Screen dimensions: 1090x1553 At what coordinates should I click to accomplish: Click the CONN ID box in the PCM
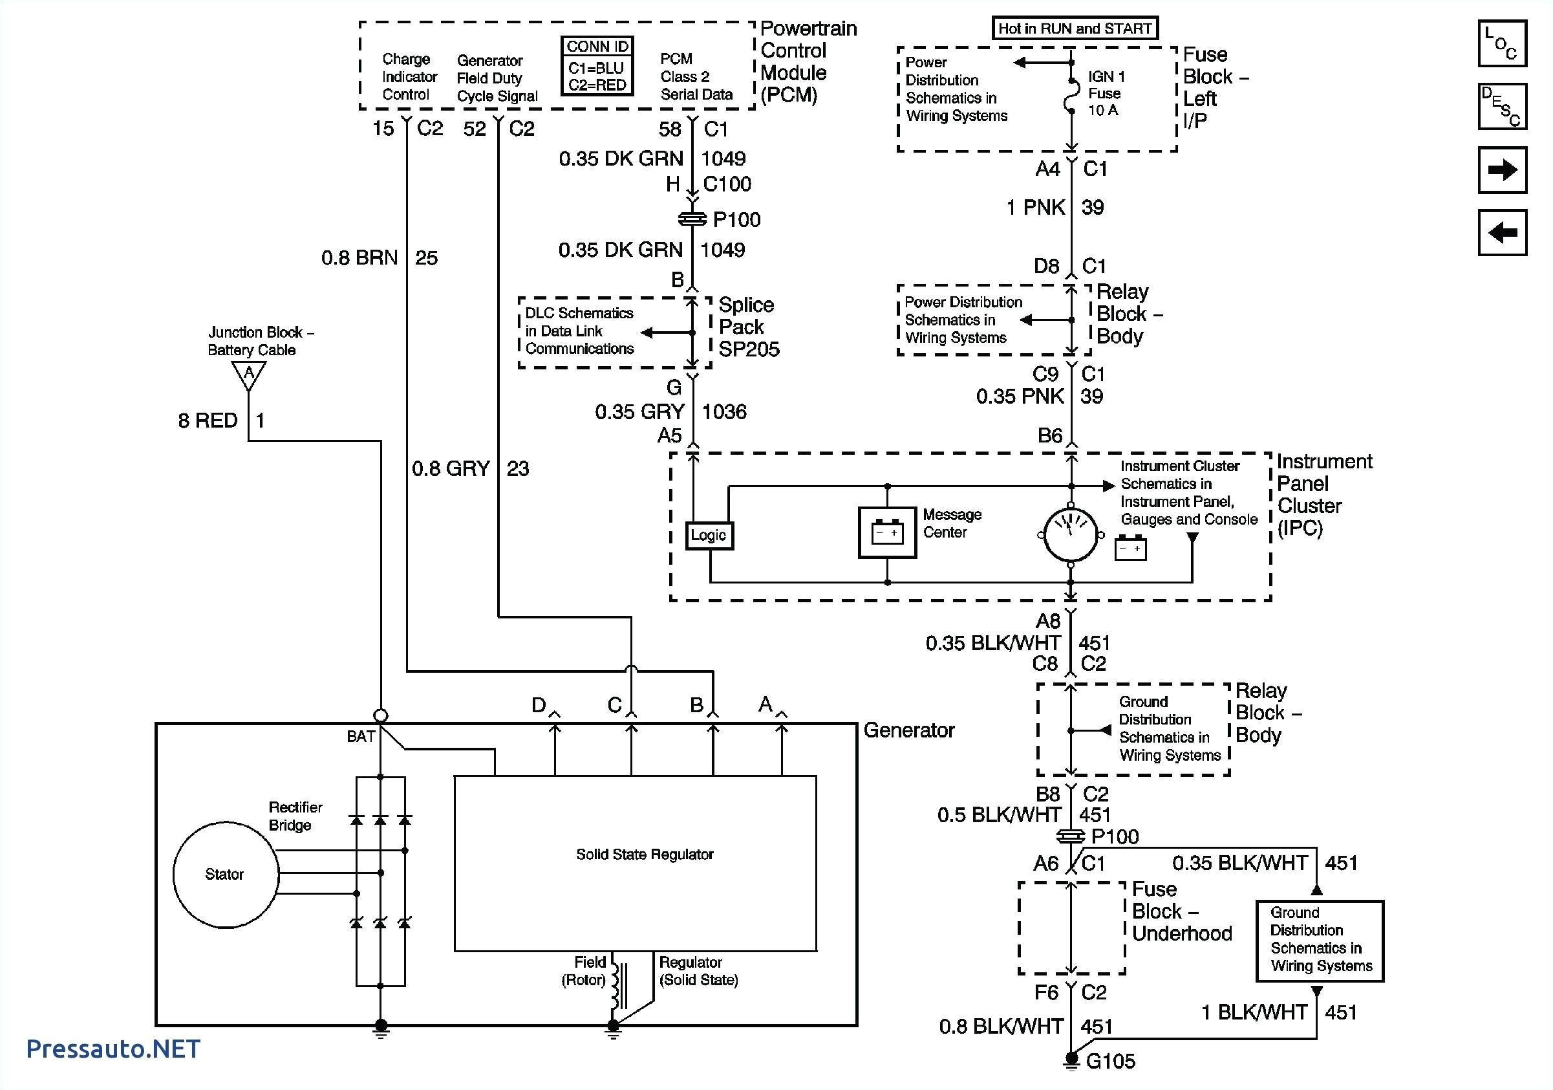point(597,65)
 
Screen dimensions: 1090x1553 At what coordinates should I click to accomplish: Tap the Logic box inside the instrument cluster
point(708,535)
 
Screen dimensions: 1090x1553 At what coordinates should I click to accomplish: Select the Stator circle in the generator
point(225,874)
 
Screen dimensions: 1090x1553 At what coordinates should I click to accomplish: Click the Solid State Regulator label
point(644,855)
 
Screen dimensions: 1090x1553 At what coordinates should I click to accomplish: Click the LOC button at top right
point(1501,43)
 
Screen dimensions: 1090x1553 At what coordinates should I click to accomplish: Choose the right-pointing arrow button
point(1501,170)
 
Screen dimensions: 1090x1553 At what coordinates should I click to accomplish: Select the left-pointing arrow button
point(1501,233)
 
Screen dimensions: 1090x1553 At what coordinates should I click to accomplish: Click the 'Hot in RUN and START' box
point(1074,28)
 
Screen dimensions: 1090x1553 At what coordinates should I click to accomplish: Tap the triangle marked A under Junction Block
point(248,373)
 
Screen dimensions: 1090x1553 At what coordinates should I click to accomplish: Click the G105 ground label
point(1110,1061)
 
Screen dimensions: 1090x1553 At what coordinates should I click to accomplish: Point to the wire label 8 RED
point(208,420)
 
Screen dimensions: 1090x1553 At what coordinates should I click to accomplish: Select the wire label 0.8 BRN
point(359,258)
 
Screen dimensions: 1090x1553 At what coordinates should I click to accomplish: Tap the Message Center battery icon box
point(887,532)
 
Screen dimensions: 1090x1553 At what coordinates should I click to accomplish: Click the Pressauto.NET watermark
point(113,1049)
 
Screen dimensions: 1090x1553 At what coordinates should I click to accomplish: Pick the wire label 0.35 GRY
point(639,411)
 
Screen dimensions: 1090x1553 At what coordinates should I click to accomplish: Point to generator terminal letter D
point(539,705)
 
